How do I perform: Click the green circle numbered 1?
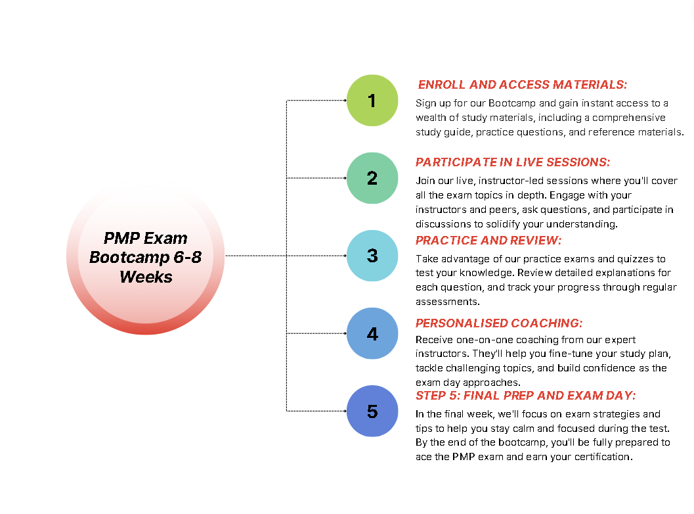pos(372,101)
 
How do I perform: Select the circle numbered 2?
pos(372,178)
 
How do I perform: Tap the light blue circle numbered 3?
pos(372,256)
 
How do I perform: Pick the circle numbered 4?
pos(372,333)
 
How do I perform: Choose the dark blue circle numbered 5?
pos(372,411)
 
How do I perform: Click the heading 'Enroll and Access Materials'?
pos(522,85)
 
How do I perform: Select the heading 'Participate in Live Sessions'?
pos(513,162)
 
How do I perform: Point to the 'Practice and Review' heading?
pos(488,240)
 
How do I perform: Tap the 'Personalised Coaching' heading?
pos(499,323)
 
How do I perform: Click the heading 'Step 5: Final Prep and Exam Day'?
pos(525,395)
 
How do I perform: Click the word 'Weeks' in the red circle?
pos(146,277)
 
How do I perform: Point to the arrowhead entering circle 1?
pos(345,101)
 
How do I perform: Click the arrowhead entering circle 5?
pos(345,411)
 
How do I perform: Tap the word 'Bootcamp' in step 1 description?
pos(511,104)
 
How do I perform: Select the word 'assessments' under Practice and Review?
pos(448,302)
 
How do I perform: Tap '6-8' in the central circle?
pos(187,258)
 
